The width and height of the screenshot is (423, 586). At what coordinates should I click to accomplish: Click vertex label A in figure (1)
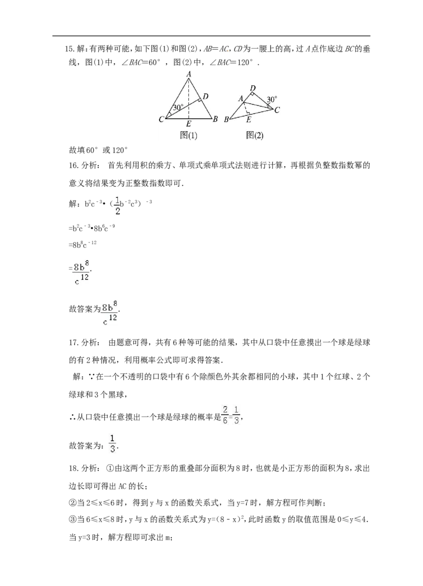[189, 74]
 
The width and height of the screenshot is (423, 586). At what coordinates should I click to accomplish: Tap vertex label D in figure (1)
[205, 96]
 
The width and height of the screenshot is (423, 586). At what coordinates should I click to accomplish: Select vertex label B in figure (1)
[215, 120]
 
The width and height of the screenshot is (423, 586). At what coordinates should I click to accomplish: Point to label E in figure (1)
[189, 124]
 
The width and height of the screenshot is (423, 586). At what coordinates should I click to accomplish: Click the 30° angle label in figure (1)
[178, 107]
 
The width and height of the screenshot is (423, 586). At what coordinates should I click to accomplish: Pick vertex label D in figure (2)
[253, 88]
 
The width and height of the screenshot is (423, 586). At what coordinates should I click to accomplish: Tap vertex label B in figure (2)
[226, 120]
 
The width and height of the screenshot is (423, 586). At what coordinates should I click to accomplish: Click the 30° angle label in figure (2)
[272, 100]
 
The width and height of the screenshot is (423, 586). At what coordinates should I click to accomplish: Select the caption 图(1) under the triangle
[189, 136]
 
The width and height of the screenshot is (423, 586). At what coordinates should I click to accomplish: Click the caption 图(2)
[255, 136]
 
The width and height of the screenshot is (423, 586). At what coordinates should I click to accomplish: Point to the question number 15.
[69, 49]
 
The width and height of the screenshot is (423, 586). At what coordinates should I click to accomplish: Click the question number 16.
[73, 166]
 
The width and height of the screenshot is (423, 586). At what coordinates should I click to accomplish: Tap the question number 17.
[73, 342]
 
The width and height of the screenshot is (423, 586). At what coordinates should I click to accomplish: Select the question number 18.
[73, 468]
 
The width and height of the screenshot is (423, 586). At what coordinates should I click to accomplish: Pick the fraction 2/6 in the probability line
[225, 415]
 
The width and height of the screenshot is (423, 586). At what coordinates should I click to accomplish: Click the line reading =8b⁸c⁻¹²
[83, 245]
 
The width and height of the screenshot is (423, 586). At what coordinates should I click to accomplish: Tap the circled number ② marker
[72, 503]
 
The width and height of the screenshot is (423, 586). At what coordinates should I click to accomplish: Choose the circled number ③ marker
[72, 520]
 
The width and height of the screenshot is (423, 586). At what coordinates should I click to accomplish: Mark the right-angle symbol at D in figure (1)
[200, 98]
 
